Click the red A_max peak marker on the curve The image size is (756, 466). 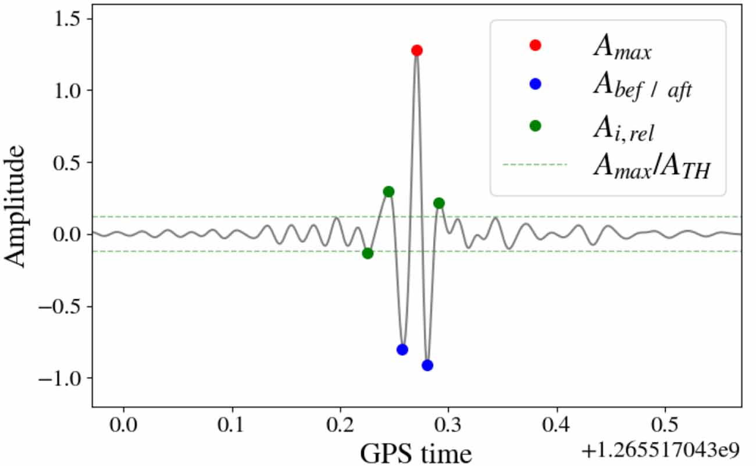[416, 51]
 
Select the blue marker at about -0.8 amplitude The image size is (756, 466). [402, 349]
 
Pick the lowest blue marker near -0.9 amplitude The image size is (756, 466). [427, 365]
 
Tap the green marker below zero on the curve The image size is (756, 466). [368, 253]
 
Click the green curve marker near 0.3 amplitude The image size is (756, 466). [388, 192]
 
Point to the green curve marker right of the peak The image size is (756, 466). [439, 203]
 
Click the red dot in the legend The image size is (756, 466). [535, 45]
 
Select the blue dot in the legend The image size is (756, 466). [535, 84]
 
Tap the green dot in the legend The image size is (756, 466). [535, 125]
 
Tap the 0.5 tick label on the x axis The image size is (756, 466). [665, 424]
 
